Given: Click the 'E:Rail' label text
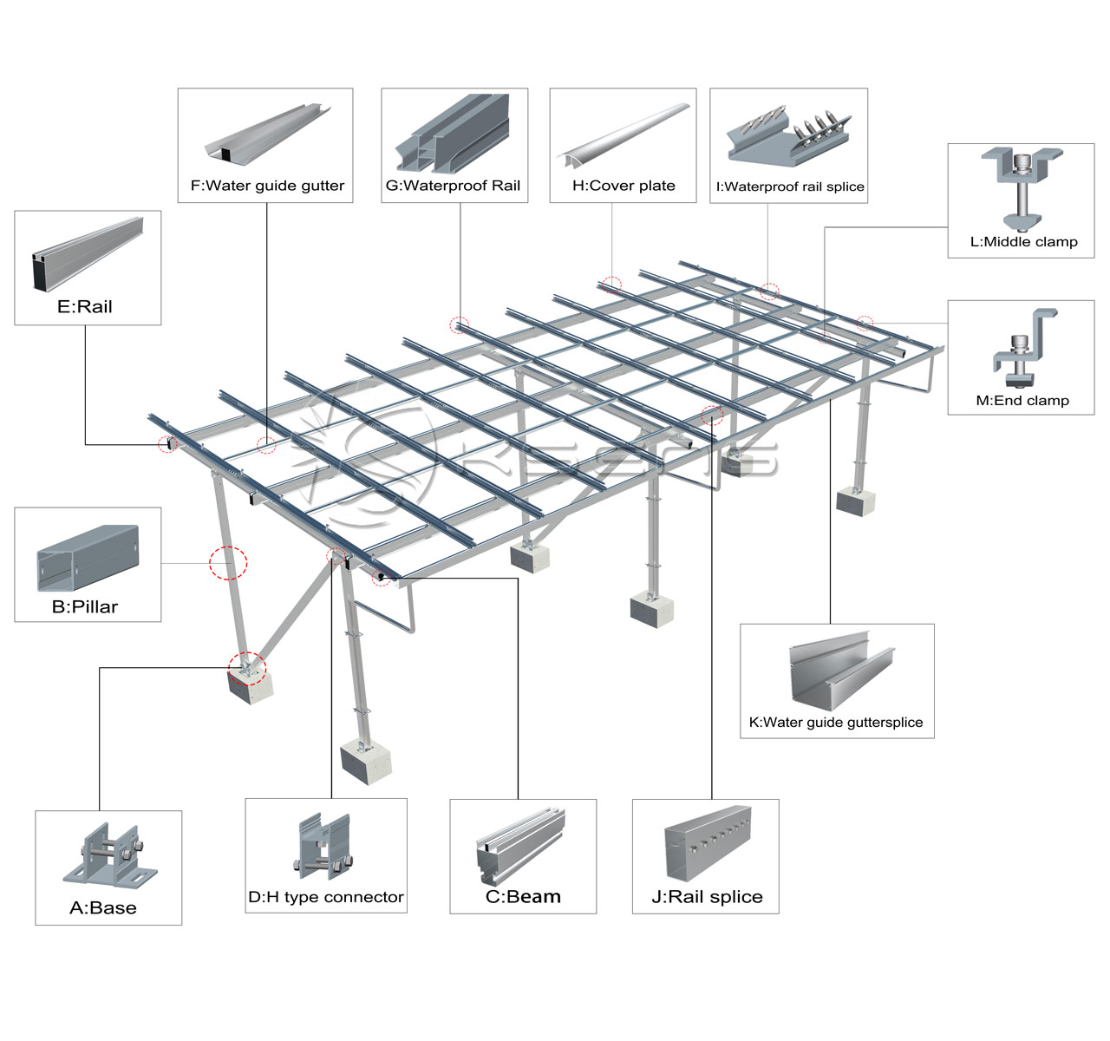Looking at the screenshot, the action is (84, 306).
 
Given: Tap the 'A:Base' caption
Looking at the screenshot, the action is (103, 907).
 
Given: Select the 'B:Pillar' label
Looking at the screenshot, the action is (85, 607).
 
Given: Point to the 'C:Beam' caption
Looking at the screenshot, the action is (523, 897).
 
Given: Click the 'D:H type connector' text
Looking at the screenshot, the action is (326, 897).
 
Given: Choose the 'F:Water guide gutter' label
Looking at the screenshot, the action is (267, 186).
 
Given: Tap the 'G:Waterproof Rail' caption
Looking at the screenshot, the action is (453, 186).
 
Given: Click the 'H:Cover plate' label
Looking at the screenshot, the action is (624, 186).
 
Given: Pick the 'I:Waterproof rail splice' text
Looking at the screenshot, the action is (790, 187).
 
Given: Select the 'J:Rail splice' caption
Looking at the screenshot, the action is (707, 897).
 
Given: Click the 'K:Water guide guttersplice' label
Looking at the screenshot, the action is (836, 722).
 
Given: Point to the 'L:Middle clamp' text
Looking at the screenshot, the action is (1024, 242).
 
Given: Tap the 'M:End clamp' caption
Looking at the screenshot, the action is (1022, 401).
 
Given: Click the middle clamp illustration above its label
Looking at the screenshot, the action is (1022, 190).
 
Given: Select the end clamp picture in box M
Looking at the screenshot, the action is (1024, 348).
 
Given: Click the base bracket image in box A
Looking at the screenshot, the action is (110, 855).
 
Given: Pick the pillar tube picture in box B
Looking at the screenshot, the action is (88, 558).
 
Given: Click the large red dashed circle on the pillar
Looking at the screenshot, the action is (228, 563).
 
